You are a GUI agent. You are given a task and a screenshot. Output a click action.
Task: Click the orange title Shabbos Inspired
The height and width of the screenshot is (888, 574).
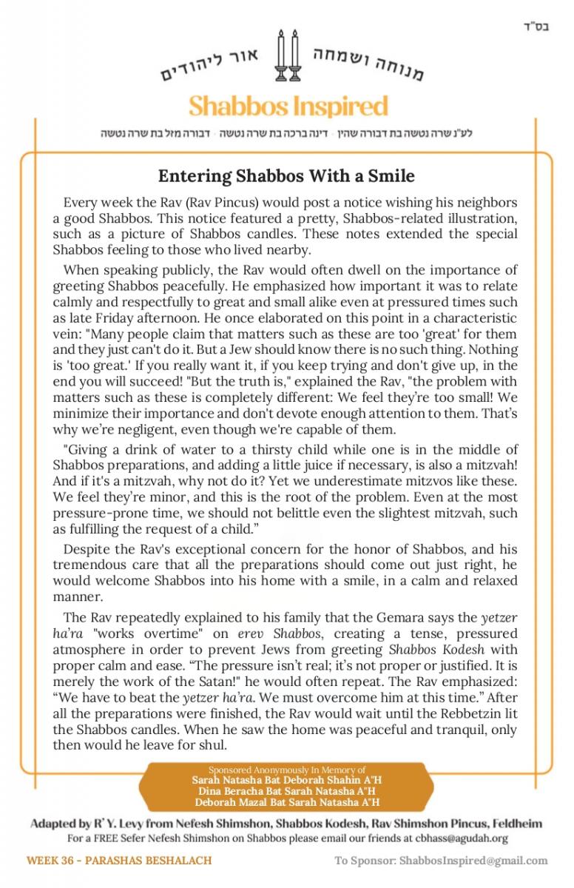coord(288,107)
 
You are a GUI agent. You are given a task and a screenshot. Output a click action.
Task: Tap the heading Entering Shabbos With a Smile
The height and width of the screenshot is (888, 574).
coord(286,176)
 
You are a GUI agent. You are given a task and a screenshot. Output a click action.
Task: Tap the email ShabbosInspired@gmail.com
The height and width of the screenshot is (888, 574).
coord(473,861)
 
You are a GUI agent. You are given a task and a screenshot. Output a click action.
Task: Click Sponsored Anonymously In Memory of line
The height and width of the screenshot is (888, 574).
coord(287,770)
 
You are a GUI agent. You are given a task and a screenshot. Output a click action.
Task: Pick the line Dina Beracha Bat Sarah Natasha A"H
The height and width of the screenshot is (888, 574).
coord(287,791)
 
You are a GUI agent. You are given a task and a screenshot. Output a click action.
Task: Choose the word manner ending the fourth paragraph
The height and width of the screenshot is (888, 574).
coord(75,596)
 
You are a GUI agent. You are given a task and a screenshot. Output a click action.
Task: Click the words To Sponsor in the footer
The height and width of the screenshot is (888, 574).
coord(365,861)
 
